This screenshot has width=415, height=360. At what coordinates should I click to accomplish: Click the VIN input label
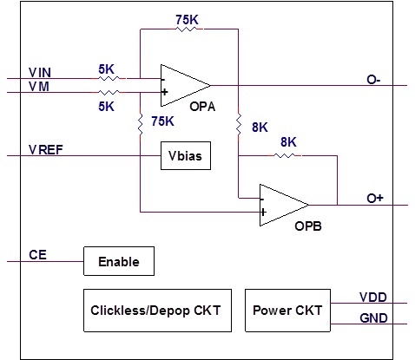(40, 73)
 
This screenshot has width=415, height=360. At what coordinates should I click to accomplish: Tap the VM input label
(39, 87)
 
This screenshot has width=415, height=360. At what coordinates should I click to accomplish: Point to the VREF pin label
(46, 150)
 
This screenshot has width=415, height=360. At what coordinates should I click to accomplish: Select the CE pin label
(37, 255)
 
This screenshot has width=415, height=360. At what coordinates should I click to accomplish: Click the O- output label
(373, 80)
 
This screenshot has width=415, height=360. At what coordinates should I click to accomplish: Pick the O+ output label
(375, 199)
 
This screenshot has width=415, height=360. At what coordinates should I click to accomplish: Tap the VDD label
(373, 298)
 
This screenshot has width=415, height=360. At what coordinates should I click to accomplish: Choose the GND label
(373, 318)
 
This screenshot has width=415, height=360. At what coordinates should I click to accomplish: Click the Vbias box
(186, 155)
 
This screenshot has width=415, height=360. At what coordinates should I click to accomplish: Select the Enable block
(119, 261)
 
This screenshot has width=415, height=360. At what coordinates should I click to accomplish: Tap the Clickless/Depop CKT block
(157, 311)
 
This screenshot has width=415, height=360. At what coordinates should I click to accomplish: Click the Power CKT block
(287, 311)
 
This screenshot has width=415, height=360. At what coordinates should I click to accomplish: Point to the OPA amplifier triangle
(186, 85)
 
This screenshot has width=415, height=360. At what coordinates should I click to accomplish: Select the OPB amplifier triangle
(284, 205)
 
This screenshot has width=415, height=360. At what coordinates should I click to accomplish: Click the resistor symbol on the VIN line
(109, 78)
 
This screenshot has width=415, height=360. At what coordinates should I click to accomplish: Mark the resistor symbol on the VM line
(109, 92)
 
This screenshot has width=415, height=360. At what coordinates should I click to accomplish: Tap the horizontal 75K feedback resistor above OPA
(186, 29)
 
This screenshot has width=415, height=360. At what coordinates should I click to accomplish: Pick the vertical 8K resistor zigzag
(239, 124)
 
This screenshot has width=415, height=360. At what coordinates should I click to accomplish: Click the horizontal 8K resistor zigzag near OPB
(284, 155)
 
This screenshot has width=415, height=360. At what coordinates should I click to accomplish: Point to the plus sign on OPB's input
(263, 213)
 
